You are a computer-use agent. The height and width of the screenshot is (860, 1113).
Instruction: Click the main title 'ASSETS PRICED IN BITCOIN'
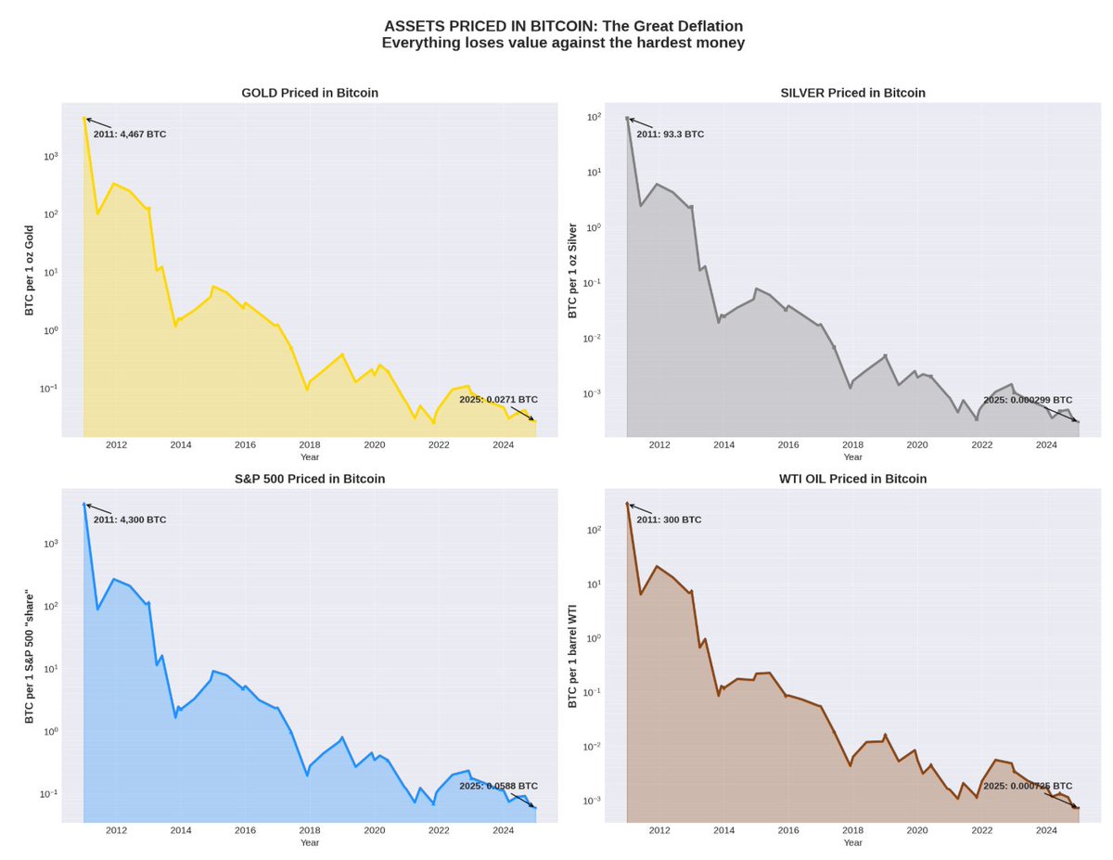click(563, 26)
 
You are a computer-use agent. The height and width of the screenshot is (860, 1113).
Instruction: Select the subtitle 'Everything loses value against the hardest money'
click(563, 43)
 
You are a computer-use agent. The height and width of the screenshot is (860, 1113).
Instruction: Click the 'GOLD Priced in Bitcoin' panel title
click(310, 93)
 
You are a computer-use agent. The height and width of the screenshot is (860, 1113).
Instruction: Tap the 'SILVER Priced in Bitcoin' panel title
click(852, 93)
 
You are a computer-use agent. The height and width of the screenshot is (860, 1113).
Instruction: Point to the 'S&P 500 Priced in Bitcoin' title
click(310, 479)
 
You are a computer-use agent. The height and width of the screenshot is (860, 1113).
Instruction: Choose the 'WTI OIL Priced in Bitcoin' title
click(852, 479)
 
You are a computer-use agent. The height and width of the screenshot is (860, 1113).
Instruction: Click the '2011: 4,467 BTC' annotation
click(130, 135)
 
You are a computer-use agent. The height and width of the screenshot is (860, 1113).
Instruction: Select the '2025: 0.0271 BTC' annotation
click(498, 400)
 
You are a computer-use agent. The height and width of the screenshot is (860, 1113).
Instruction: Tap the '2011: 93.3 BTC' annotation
click(670, 135)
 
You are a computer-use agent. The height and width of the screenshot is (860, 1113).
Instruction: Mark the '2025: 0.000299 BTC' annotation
click(1028, 400)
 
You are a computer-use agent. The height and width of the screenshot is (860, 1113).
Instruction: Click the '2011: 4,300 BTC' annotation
click(130, 520)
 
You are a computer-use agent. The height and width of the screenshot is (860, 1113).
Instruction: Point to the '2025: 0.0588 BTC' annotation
click(498, 786)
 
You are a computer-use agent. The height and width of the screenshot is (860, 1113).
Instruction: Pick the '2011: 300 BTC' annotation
click(669, 520)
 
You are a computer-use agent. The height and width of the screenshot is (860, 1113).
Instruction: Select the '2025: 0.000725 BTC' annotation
click(1028, 786)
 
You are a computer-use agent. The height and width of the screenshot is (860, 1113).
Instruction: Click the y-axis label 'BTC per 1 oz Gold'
click(30, 270)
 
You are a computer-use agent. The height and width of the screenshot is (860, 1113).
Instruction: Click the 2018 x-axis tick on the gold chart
click(310, 445)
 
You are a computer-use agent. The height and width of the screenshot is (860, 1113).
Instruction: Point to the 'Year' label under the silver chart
click(852, 456)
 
